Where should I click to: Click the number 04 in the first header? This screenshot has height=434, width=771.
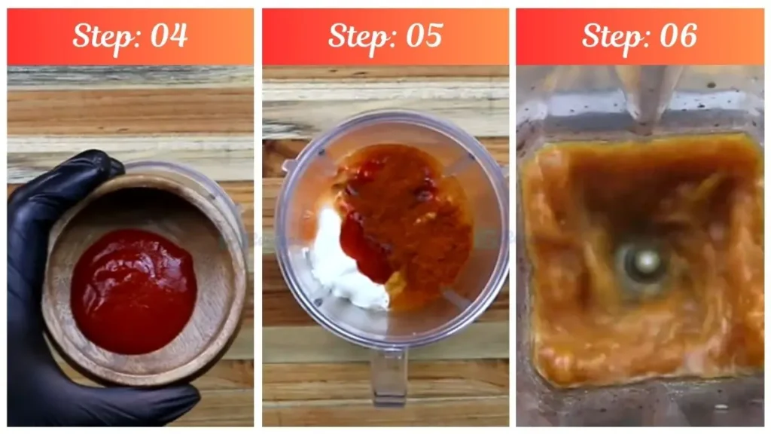tap(169, 35)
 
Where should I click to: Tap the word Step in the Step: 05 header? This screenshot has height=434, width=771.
tap(358, 35)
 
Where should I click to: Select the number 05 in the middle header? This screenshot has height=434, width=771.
tap(424, 35)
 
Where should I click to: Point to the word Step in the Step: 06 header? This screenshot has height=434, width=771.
tap(612, 35)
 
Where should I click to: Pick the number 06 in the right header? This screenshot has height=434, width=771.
tap(678, 35)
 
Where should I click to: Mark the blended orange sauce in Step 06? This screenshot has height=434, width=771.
tap(572, 316)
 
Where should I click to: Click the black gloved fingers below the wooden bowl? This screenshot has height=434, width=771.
tap(113, 399)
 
